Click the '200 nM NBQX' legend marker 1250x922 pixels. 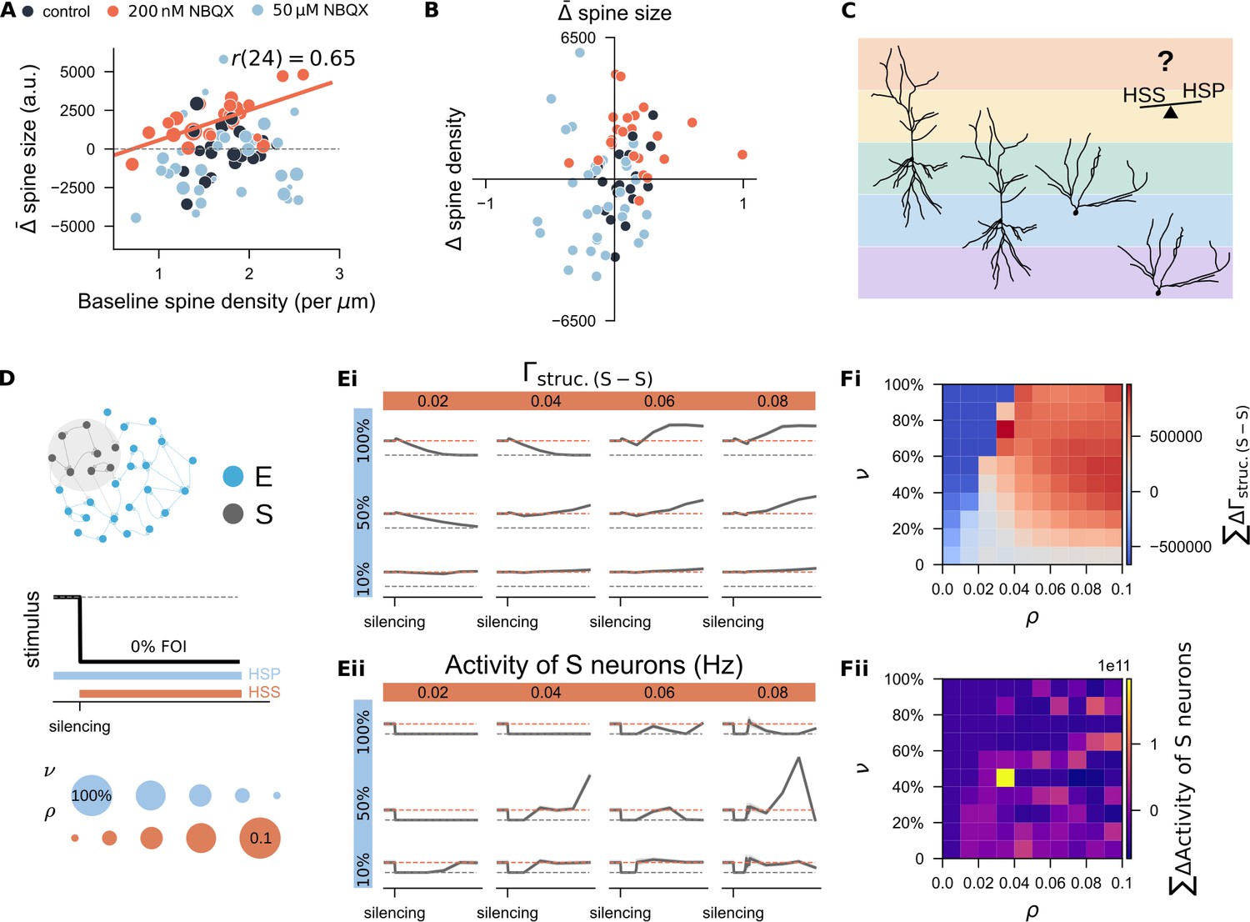114,12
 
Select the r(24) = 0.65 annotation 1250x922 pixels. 293,58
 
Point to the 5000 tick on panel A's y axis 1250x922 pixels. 77,72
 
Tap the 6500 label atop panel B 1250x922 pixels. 578,38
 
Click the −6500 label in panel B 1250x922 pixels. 573,321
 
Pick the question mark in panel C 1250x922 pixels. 1165,62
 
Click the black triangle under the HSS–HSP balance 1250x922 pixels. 1171,113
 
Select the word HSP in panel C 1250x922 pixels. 1203,90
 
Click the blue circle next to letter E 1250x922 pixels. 232,477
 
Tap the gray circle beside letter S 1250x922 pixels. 232,514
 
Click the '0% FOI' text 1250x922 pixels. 158,646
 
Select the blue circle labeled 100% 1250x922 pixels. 91,795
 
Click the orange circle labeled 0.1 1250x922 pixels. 260,838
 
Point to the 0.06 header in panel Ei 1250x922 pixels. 659,401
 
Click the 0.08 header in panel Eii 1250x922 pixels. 772,693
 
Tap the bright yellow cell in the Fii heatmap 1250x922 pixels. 1005,778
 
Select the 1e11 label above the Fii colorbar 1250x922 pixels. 1114,666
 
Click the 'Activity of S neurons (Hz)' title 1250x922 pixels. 594,665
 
